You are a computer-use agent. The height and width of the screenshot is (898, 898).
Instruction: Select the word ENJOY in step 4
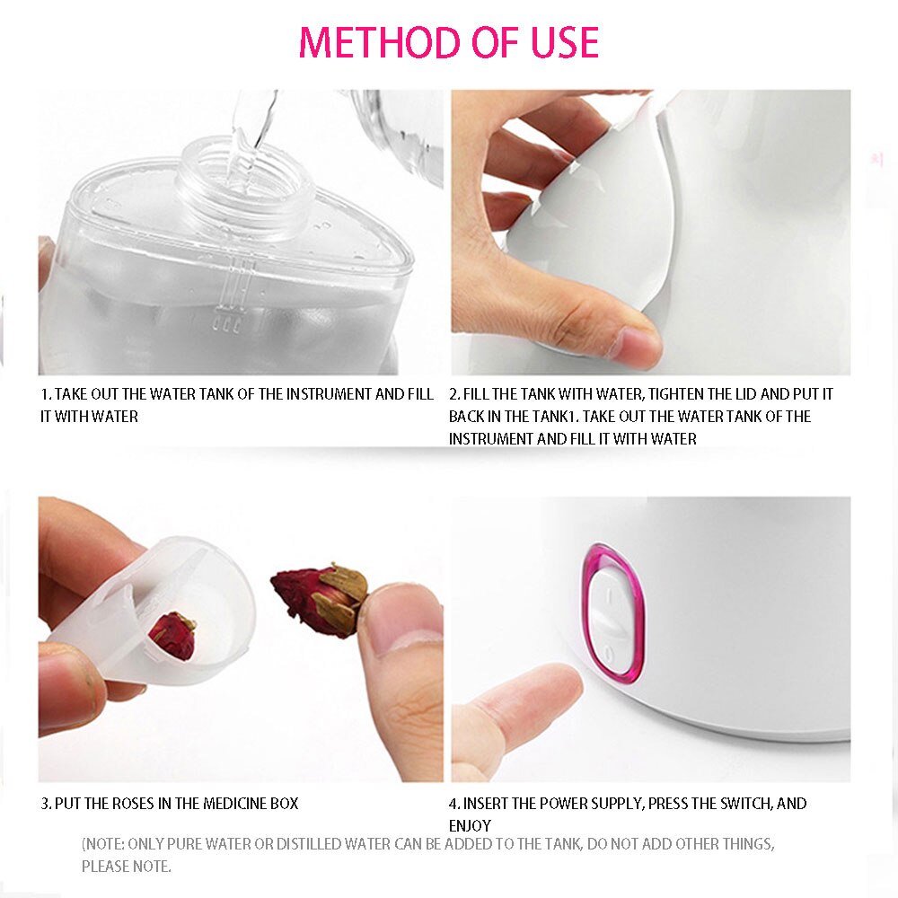click(x=470, y=825)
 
